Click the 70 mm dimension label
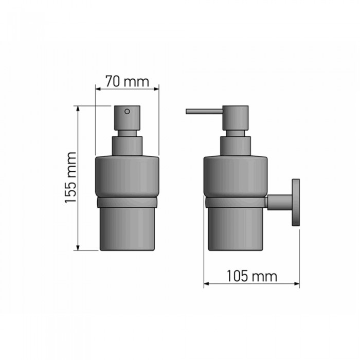tap(127, 81)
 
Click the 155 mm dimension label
tap(70, 177)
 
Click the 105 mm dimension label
tap(251, 276)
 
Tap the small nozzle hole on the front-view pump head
tap(127, 111)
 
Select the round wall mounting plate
tap(296, 202)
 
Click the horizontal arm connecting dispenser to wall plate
tap(279, 202)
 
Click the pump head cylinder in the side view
tap(235, 118)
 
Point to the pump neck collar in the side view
tap(235, 144)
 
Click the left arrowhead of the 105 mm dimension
tap(207, 283)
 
